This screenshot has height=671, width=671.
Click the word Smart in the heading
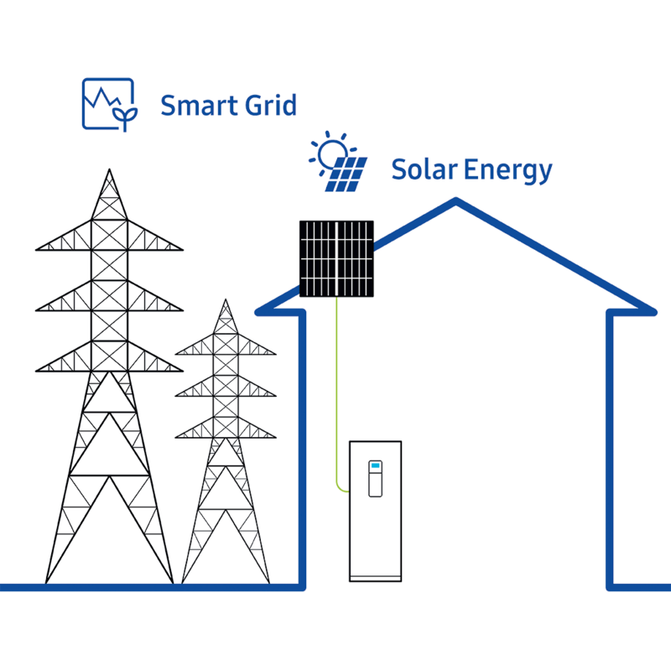click(189, 106)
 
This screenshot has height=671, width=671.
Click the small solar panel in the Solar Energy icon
click(346, 174)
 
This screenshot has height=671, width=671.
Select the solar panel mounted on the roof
click(336, 257)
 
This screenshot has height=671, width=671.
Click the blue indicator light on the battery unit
click(375, 464)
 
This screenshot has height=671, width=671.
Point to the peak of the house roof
click(455, 200)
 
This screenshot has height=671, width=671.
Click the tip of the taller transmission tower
click(109, 171)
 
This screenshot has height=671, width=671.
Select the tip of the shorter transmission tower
click(224, 301)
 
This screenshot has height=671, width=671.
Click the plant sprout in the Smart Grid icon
click(125, 113)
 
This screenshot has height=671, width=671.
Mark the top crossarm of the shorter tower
click(224, 345)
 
